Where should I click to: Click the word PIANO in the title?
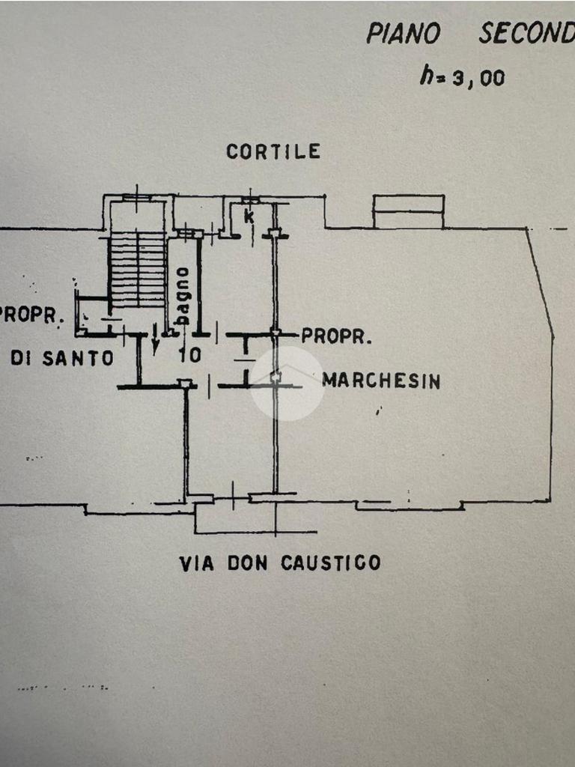tap(403, 34)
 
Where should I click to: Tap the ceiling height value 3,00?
tap(476, 77)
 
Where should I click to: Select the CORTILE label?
tap(273, 152)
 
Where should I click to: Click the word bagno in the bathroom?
tap(182, 296)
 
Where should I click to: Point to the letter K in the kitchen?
tap(249, 217)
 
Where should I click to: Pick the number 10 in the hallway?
tap(190, 354)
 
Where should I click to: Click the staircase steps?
tap(137, 268)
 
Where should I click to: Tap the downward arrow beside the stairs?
tap(155, 343)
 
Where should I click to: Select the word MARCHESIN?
tap(381, 381)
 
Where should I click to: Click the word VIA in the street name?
tap(196, 563)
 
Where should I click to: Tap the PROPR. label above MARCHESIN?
tap(336, 336)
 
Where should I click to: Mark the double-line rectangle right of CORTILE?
tap(408, 211)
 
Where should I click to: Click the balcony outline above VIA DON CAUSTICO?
tap(255, 518)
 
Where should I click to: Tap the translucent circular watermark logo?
tap(286, 383)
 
